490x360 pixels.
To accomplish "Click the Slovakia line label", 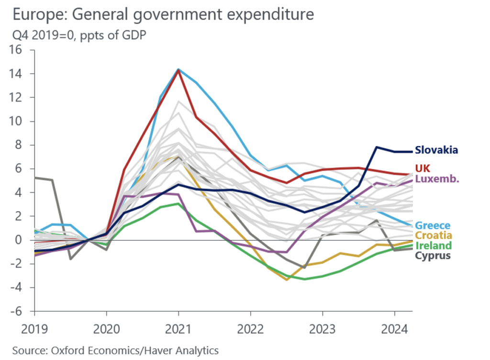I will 436,150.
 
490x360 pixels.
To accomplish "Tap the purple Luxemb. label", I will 436,179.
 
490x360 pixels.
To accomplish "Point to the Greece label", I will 433,225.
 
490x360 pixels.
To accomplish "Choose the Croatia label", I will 434,236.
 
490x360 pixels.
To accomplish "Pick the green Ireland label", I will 434,246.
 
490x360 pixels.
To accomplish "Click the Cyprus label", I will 433,256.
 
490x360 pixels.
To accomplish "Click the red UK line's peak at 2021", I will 178,70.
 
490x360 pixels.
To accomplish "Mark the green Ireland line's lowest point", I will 304,279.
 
